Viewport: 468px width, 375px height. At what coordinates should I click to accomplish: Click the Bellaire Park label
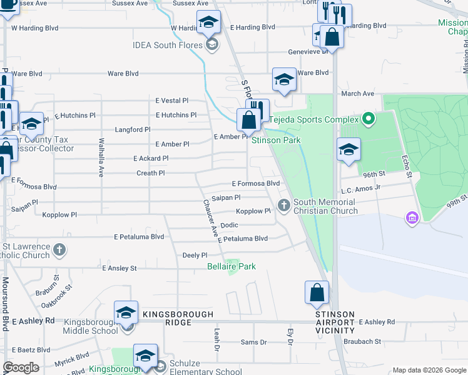231,267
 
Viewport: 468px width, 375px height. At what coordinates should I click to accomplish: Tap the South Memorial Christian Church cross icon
283,204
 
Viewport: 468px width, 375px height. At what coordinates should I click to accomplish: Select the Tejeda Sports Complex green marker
369,119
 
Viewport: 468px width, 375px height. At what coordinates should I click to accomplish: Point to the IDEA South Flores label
168,45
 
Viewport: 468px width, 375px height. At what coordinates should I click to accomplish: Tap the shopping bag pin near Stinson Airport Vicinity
317,292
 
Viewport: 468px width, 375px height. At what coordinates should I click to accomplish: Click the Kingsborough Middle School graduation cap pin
126,312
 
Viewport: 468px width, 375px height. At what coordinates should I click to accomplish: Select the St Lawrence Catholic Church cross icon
59,251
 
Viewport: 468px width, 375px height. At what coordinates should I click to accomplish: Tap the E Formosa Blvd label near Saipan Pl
255,184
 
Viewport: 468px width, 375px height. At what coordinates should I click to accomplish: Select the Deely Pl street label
194,255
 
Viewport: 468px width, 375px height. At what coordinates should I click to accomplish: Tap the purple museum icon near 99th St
412,217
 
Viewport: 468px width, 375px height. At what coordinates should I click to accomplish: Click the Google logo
21,367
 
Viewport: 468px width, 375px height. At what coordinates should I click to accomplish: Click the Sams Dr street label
253,342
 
